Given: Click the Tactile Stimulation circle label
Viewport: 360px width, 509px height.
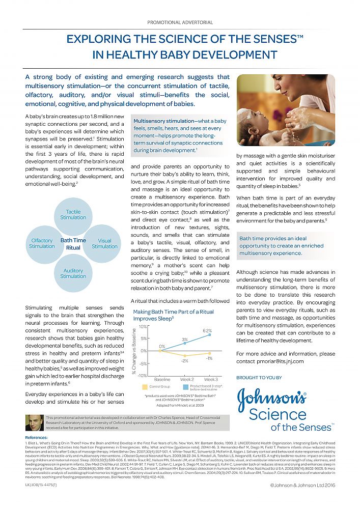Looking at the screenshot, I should coord(73,214).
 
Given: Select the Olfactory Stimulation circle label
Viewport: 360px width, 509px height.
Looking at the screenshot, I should coord(42,243).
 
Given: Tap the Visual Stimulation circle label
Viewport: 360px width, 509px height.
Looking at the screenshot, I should coord(104,243).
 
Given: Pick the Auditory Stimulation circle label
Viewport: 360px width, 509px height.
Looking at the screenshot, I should coord(73,273).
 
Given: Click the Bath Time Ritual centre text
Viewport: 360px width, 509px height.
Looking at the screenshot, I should coord(73,244).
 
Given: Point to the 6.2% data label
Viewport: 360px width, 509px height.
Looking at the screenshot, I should coord(207,331).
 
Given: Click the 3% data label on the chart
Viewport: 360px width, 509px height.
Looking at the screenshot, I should coord(185,339).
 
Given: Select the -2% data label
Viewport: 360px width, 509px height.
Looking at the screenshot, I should coord(185,360).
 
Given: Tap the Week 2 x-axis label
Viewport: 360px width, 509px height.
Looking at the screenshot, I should coord(186,380).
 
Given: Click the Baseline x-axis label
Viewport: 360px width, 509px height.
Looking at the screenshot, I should coord(162,380).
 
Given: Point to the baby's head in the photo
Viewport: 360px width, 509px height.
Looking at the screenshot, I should coord(258,120).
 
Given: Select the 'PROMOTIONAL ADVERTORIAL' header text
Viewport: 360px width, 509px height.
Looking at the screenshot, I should coord(180,22).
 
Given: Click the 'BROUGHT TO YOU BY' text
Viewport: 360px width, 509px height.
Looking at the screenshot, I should coord(259,378).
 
